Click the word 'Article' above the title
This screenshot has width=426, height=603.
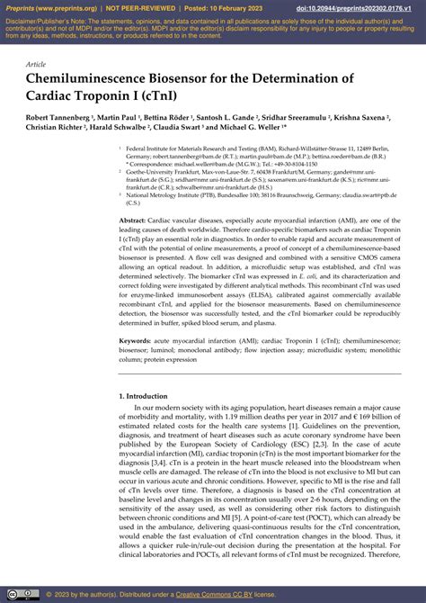pos(37,65)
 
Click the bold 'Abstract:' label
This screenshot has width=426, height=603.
pos(132,220)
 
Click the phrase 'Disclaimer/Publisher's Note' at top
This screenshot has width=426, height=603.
pos(45,19)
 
